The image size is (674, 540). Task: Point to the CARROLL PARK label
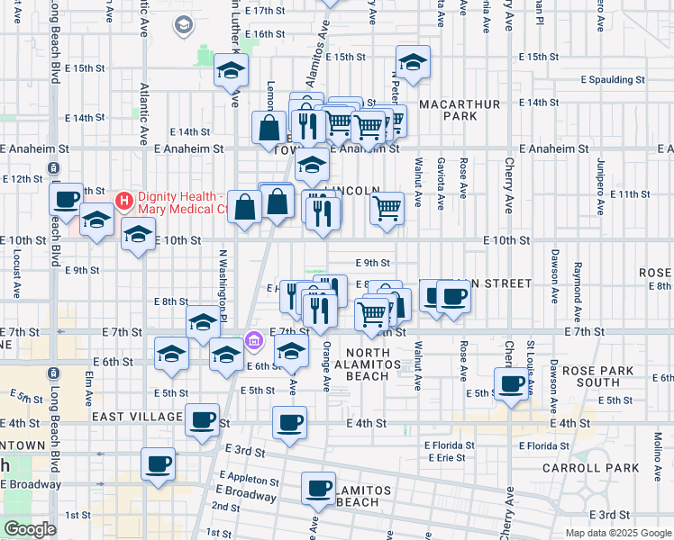(x=590, y=468)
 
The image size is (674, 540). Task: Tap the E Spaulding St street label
(x=609, y=80)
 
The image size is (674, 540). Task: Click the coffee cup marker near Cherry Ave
(x=512, y=384)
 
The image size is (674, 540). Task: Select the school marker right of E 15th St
(x=413, y=63)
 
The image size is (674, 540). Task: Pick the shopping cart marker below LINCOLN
(x=387, y=208)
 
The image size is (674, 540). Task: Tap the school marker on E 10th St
(x=137, y=235)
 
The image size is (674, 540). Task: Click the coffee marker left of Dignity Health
(x=66, y=199)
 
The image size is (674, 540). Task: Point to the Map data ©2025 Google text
(x=617, y=533)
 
